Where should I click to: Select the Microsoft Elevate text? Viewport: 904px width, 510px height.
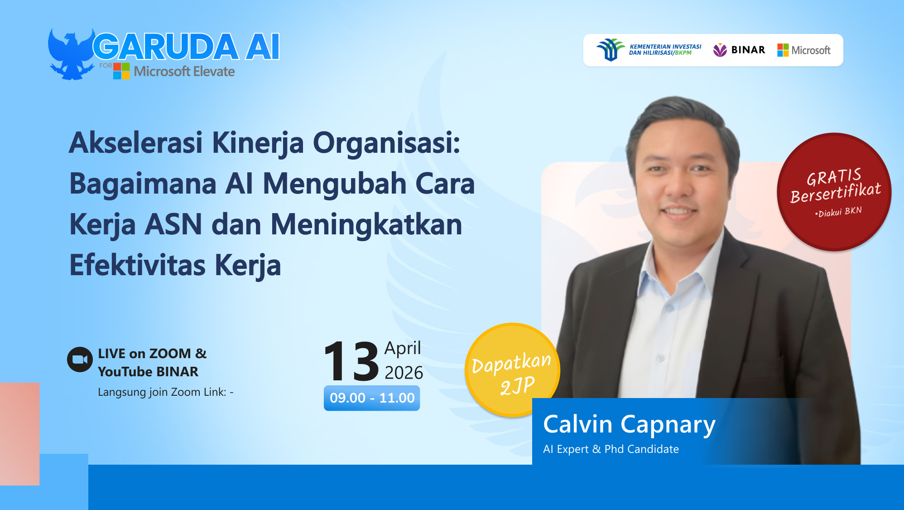(184, 72)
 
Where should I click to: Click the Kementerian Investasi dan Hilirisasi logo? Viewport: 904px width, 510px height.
(649, 50)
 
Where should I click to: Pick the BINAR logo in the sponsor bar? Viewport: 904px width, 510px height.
(739, 50)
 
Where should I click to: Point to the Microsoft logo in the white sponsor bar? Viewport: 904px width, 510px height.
(804, 50)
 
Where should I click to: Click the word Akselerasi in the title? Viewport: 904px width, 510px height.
(136, 143)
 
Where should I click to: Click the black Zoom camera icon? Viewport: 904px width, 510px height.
(80, 359)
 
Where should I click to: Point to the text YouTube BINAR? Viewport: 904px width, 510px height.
(148, 372)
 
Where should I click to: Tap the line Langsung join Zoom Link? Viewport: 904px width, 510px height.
(165, 392)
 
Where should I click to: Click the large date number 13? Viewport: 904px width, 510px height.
(351, 362)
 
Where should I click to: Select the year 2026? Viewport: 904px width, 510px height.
(404, 373)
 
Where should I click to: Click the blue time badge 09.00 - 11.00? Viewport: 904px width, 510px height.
(372, 398)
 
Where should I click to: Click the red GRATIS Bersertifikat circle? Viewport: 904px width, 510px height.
(834, 192)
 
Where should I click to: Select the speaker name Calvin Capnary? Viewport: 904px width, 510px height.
(629, 425)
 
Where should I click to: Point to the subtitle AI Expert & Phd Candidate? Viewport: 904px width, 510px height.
(611, 449)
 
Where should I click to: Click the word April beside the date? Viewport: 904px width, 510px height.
(403, 348)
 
